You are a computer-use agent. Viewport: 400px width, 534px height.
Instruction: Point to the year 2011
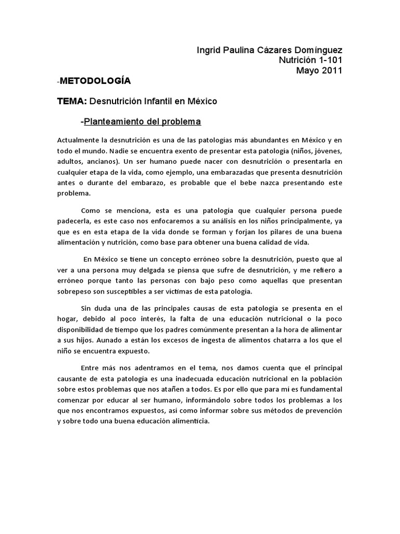[x=331, y=71]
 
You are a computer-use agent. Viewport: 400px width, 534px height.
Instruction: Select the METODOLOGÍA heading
[x=95, y=81]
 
